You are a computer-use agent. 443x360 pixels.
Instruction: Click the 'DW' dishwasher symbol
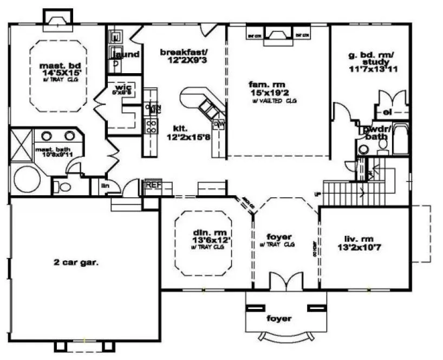pyautogui.click(x=219, y=124)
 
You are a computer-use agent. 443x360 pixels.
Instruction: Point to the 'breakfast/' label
pyautogui.click(x=184, y=53)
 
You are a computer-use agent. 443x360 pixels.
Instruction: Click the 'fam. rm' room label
pyautogui.click(x=263, y=84)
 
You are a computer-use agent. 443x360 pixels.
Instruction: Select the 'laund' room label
pyautogui.click(x=129, y=54)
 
